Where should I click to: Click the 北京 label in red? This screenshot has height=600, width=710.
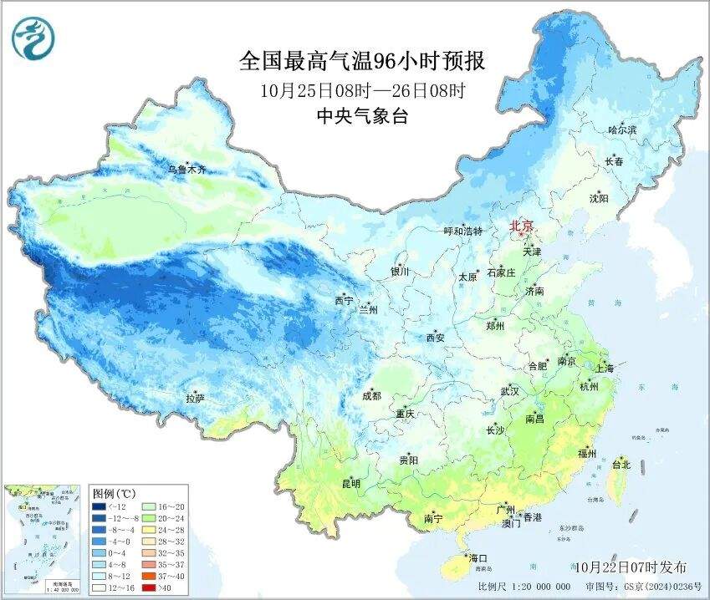tap(522, 226)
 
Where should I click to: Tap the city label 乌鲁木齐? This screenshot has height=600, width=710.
tap(186, 170)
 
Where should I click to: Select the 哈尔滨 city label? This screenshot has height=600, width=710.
tap(622, 130)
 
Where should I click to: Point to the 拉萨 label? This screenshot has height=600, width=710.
tap(195, 399)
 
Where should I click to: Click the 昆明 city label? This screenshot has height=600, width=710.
tap(350, 483)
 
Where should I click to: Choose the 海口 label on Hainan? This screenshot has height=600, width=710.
tap(478, 557)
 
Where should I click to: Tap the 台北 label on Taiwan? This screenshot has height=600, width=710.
tap(621, 464)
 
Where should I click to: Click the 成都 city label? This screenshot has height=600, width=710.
tap(372, 396)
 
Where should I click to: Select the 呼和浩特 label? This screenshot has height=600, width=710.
tap(462, 231)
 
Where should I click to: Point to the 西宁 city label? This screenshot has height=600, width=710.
tap(344, 300)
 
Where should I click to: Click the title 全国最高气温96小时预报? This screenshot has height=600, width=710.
tap(361, 61)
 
